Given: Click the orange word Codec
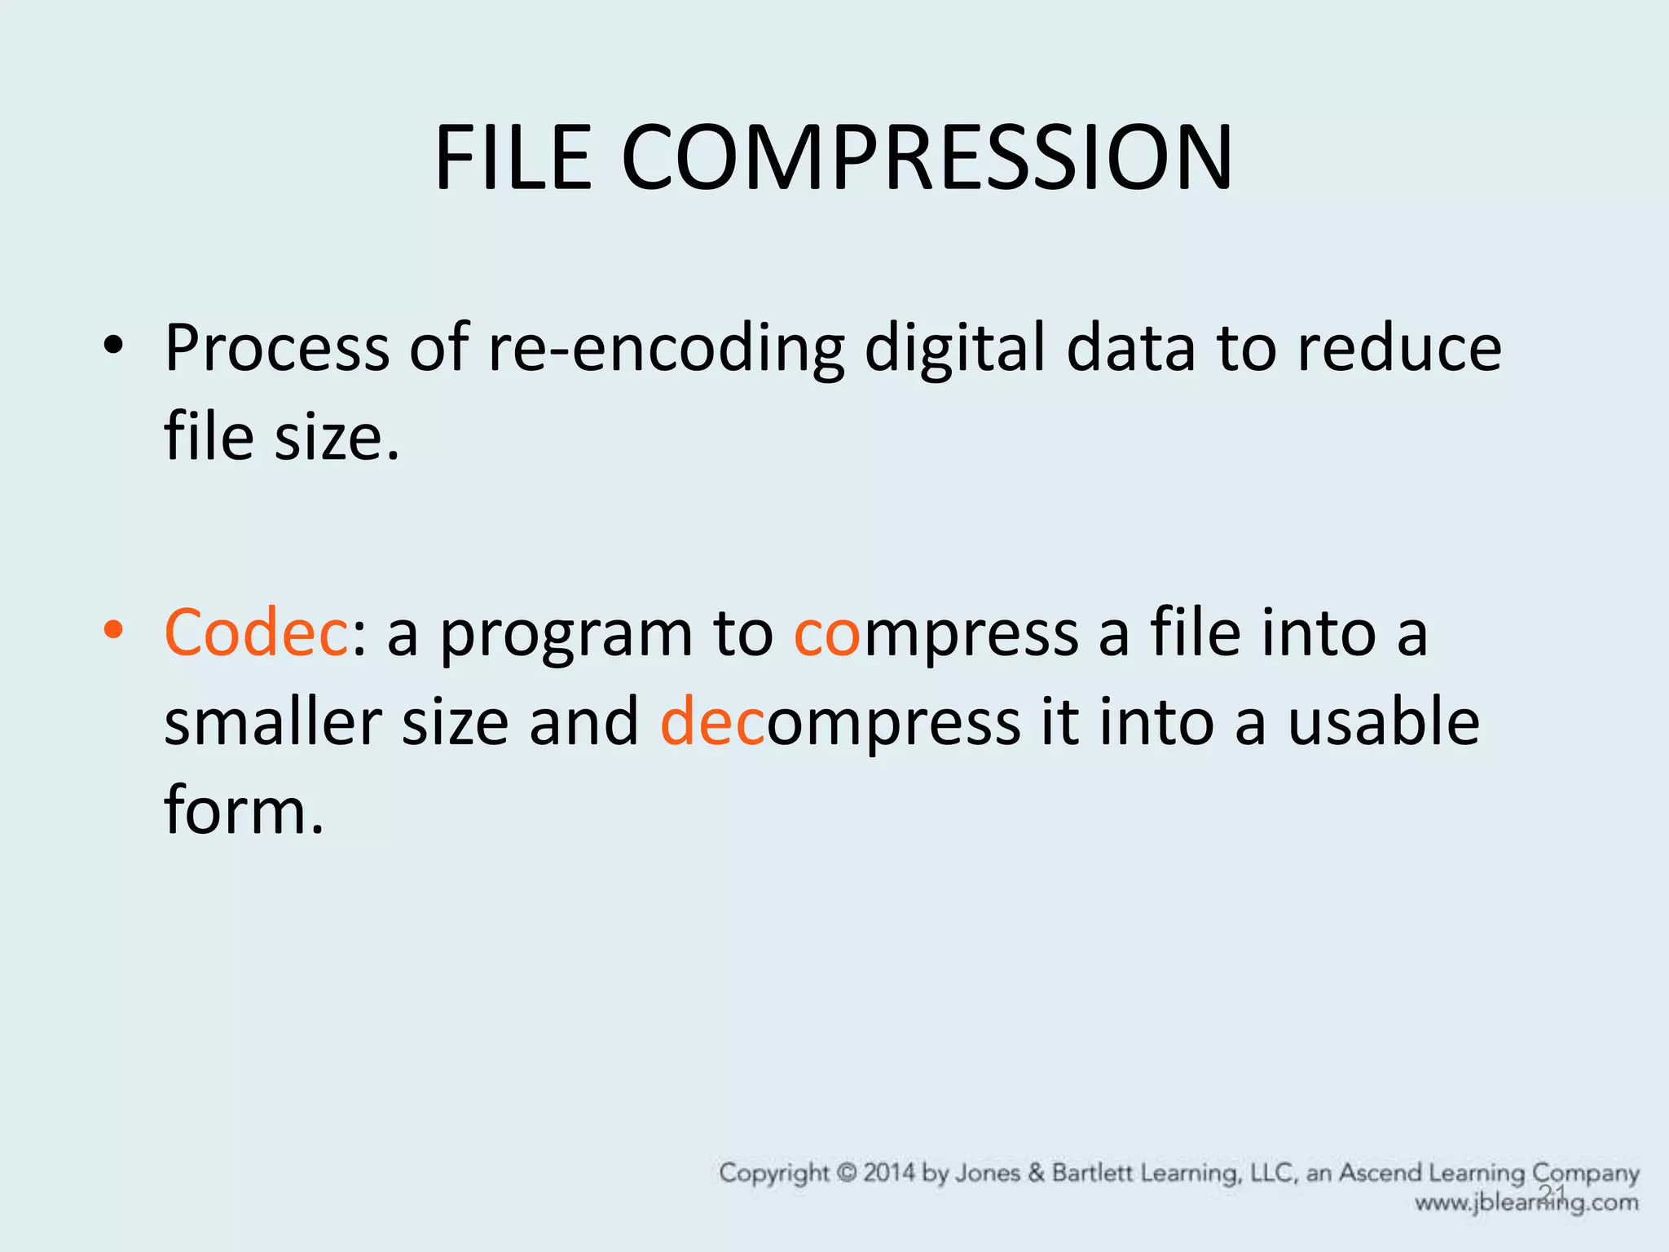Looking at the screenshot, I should [x=256, y=633].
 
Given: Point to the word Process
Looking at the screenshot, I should [x=277, y=349].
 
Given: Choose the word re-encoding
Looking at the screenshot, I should [x=666, y=349].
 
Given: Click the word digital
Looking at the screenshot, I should [x=954, y=349].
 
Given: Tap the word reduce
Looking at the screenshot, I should [x=1398, y=349].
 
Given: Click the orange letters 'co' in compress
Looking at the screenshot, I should [x=826, y=634].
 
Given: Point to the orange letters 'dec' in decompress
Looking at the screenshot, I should [x=712, y=722].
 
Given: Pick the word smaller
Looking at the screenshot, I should [x=273, y=722].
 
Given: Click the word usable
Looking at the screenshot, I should [x=1383, y=722].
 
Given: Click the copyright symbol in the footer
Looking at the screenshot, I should [x=848, y=1173].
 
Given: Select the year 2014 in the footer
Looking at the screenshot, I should [x=889, y=1173].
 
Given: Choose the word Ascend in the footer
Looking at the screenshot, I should [x=1380, y=1173].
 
